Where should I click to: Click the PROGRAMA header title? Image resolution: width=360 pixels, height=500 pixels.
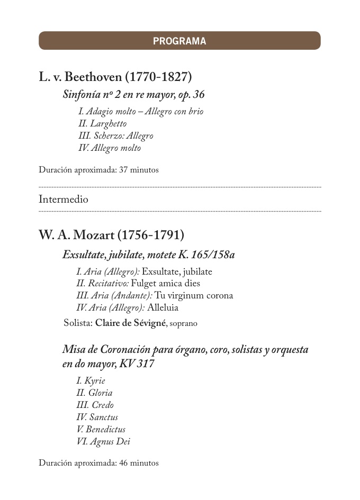coord(179,41)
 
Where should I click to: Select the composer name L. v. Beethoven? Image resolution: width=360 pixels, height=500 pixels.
coord(80,77)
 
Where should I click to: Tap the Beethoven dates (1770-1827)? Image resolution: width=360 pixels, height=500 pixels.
coord(158,77)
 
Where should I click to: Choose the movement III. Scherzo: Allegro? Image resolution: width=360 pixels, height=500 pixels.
coord(115,136)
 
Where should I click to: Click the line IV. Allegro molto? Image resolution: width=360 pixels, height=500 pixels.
coord(110,148)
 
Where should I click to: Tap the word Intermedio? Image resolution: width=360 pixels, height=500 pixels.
coord(64,199)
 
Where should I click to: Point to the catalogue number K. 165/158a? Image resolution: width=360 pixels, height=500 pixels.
coord(206,255)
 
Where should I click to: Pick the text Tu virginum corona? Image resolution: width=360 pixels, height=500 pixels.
coord(194,296)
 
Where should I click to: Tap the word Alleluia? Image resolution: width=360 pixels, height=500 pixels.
coord(163,308)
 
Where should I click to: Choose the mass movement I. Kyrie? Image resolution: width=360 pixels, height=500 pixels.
coord(91,381)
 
